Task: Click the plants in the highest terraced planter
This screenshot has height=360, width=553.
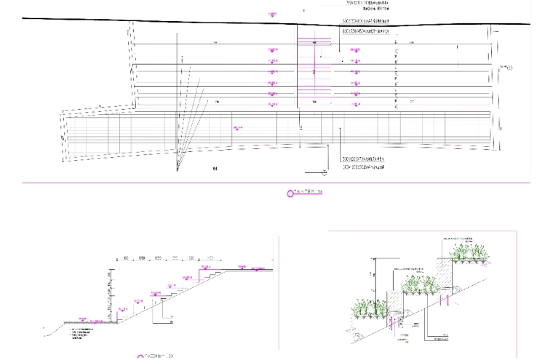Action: tap(469, 252)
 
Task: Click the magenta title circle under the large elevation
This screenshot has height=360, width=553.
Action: tap(291, 193)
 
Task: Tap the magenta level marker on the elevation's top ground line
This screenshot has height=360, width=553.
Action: tap(274, 14)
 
